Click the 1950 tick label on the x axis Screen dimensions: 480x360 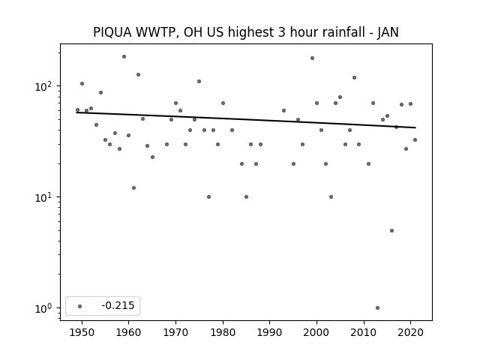click(82, 332)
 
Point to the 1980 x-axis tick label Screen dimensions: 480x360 click(223, 332)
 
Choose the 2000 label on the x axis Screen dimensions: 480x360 click(316, 332)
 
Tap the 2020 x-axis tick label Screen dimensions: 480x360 click(411, 332)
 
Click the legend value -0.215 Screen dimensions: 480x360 click(118, 305)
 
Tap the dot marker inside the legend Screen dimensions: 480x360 click(80, 306)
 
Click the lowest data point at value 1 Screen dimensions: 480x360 click(377, 308)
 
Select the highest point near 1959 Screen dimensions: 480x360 click(124, 57)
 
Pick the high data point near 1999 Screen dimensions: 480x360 click(312, 58)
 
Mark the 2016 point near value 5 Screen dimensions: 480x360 click(391, 230)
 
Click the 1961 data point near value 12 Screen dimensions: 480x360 click(133, 188)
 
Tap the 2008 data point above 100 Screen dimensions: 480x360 click(355, 78)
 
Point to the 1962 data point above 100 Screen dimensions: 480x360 click(138, 75)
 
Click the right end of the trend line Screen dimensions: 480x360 click(415, 127)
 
